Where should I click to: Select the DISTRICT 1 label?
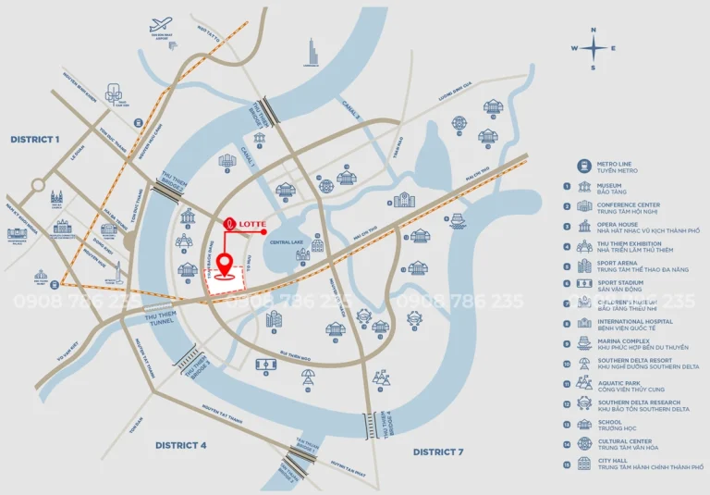pos(34,139)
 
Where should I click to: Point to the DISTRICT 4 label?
pos(180,445)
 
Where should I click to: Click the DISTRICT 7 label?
pos(437,452)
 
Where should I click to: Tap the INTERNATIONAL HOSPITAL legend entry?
pos(637,325)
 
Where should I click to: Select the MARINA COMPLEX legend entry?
pos(629,344)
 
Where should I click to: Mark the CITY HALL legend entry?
pos(638,464)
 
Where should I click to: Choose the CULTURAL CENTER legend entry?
pos(629,444)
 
